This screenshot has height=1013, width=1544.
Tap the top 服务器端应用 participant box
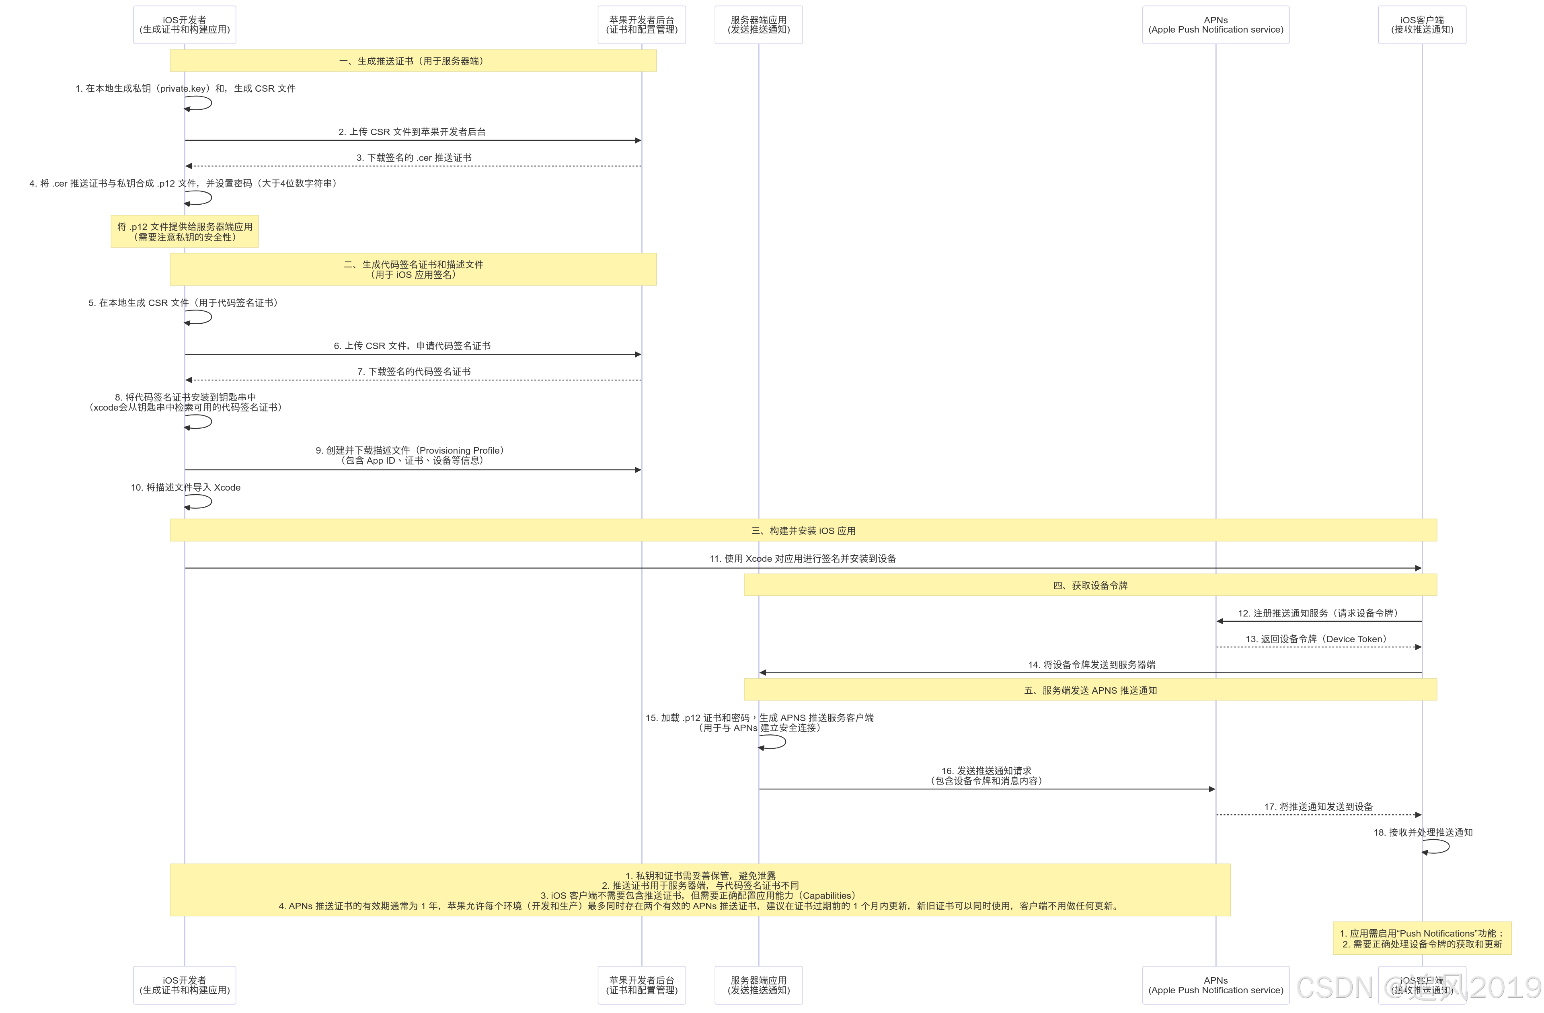pos(758,25)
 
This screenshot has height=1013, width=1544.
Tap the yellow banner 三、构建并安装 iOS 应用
pos(803,530)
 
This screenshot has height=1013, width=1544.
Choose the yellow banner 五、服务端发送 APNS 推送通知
pos(1090,690)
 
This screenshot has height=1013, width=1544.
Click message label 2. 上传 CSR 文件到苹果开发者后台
pos(412,132)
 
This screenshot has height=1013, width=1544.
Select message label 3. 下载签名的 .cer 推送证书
pos(414,158)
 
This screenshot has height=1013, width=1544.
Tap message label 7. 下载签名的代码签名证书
pos(414,371)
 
